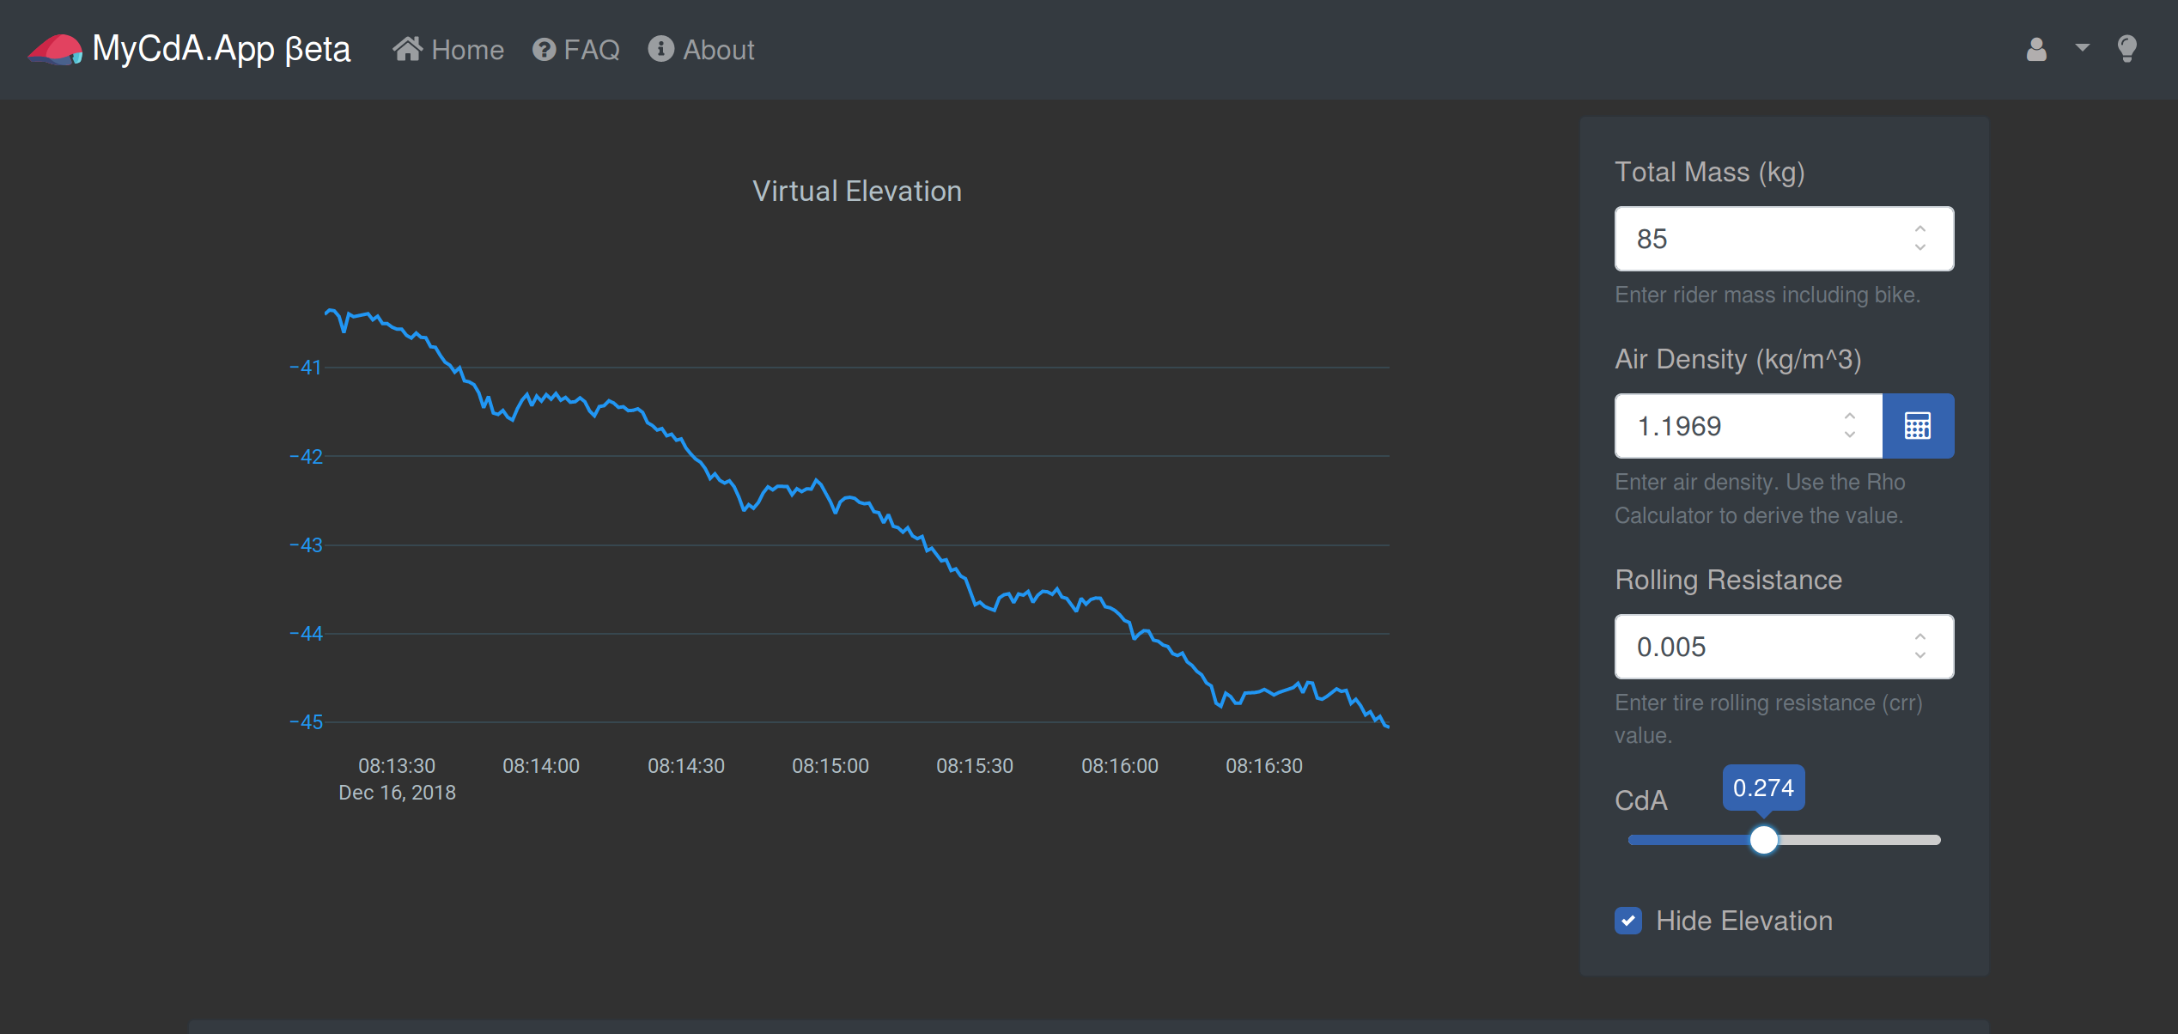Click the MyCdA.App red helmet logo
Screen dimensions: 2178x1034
(55, 49)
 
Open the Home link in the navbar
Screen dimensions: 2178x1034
(448, 50)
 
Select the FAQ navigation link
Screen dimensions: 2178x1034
(575, 50)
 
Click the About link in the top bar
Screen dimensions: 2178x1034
(701, 50)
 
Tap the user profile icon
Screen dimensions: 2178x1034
(2036, 49)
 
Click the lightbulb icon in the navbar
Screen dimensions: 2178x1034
(2126, 49)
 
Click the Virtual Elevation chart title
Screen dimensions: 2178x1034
(857, 191)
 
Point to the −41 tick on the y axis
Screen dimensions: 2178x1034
(306, 368)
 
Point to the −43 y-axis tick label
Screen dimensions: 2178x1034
(306, 545)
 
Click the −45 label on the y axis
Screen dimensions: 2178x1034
(306, 722)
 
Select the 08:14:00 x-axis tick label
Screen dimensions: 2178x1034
(541, 765)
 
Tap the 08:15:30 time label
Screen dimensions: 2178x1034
(975, 765)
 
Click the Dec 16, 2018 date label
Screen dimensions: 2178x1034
(397, 793)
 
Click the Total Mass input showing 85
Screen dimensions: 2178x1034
(1784, 239)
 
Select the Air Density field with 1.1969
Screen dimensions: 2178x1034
(1748, 426)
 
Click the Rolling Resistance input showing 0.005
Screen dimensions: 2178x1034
(1784, 647)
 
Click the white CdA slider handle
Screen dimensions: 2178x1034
(1763, 840)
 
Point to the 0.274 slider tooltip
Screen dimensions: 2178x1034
(1763, 788)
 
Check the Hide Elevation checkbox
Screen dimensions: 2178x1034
(1628, 921)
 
